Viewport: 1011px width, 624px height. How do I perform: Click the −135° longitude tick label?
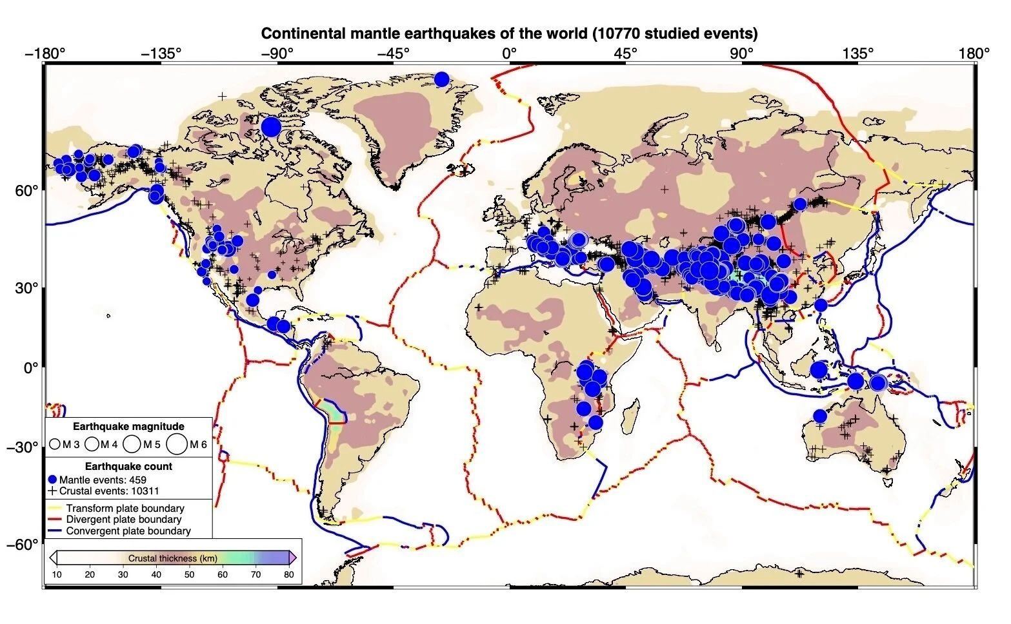(161, 54)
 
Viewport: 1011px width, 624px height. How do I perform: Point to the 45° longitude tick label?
(625, 54)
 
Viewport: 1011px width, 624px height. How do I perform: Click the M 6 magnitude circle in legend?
(177, 444)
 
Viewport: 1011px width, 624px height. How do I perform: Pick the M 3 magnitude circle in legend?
(55, 444)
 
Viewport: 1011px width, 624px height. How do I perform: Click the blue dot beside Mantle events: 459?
(52, 480)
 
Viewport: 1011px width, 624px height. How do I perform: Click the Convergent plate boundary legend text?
(128, 531)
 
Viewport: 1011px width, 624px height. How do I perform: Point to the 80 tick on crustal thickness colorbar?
(289, 575)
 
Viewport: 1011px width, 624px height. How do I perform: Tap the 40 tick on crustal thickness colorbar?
(156, 575)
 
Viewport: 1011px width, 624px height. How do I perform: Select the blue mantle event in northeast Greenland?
(441, 79)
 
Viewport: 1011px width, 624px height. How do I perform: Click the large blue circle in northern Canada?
(271, 126)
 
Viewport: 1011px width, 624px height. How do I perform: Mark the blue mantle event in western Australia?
(819, 416)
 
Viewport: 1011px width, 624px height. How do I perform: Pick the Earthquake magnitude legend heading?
(128, 427)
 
